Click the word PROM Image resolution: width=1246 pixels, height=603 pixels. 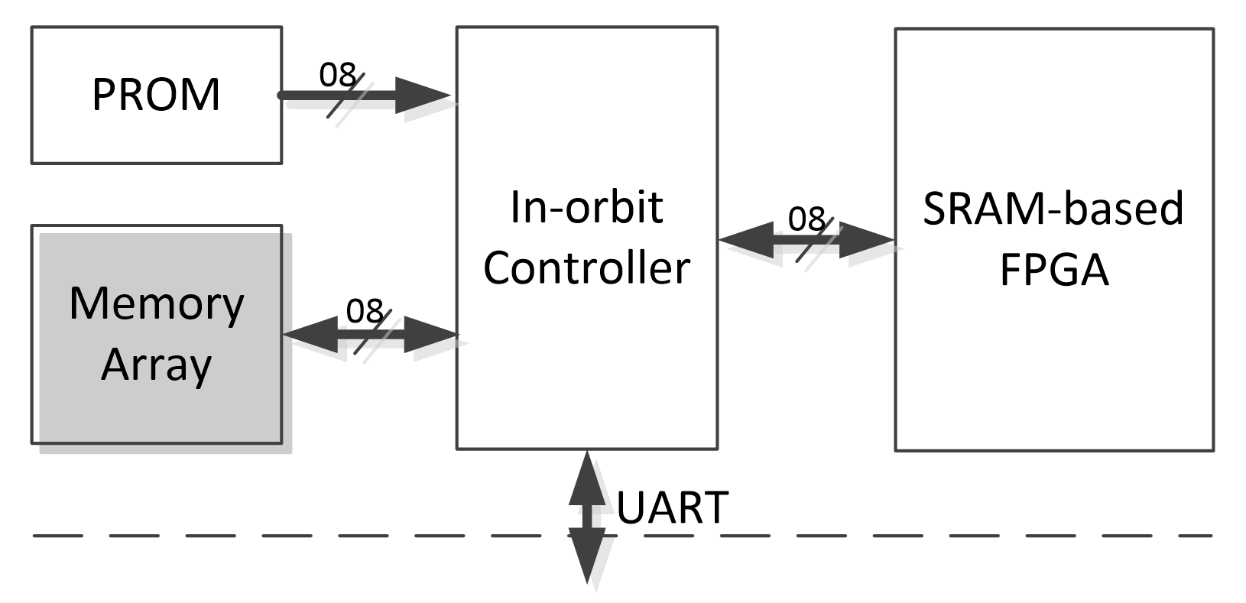(x=156, y=95)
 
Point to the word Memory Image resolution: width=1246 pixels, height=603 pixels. (x=156, y=303)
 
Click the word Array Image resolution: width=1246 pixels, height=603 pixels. (x=156, y=365)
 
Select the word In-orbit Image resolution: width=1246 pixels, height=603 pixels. (x=586, y=207)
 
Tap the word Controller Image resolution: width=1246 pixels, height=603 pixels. (x=586, y=267)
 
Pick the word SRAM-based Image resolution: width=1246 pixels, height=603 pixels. (x=1053, y=208)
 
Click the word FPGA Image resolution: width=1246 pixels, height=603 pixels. (x=1053, y=269)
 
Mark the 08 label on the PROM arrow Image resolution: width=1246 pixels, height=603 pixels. (x=337, y=75)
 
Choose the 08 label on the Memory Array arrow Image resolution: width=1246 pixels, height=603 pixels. (x=365, y=311)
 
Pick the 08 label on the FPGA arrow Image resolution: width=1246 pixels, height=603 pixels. (x=806, y=219)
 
